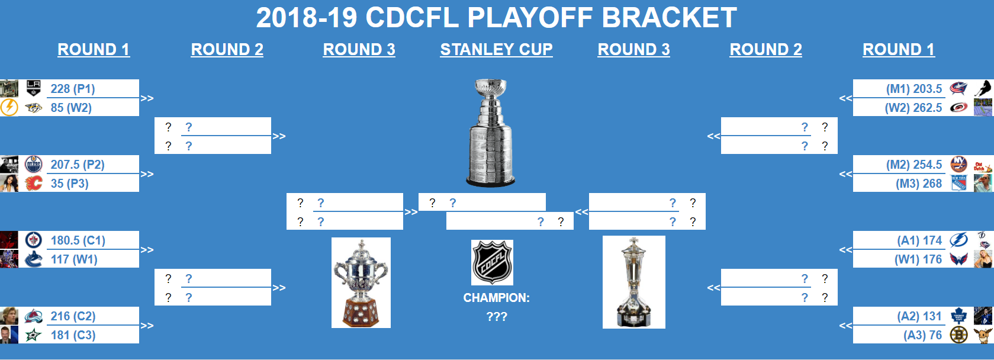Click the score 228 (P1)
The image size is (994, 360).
pyautogui.click(x=73, y=89)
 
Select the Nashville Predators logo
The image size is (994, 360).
pyautogui.click(x=33, y=107)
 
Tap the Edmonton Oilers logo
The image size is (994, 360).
pyautogui.click(x=33, y=164)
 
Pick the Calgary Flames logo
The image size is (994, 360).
pyautogui.click(x=33, y=184)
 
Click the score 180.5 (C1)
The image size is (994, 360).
pyautogui.click(x=78, y=240)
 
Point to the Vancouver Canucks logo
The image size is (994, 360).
pyautogui.click(x=33, y=259)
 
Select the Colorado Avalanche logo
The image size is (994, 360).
pyautogui.click(x=33, y=316)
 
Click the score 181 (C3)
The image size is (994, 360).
pyautogui.click(x=73, y=335)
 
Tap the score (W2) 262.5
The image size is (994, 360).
pyautogui.click(x=913, y=108)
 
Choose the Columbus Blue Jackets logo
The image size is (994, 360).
pyautogui.click(x=958, y=88)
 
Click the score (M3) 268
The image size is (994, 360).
pyautogui.click(x=919, y=184)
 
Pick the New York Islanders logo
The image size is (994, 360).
pyautogui.click(x=959, y=164)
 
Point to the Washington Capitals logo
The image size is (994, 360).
pyautogui.click(x=958, y=259)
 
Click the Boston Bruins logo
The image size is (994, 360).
pyautogui.click(x=958, y=335)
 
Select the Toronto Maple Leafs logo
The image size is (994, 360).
pyautogui.click(x=958, y=316)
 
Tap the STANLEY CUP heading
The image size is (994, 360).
pyautogui.click(x=497, y=50)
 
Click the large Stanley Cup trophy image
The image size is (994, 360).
pyautogui.click(x=491, y=133)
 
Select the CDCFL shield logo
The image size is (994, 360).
pyautogui.click(x=492, y=262)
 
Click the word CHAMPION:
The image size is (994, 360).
pyautogui.click(x=497, y=298)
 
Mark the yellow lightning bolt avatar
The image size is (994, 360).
pyautogui.click(x=9, y=107)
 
